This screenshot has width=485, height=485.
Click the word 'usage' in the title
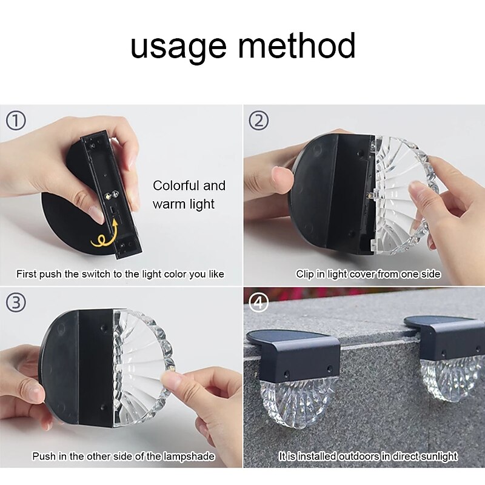pyautogui.click(x=178, y=47)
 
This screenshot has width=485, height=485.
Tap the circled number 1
pyautogui.click(x=16, y=120)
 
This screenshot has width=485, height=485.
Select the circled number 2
pyautogui.click(x=259, y=120)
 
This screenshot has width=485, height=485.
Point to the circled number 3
pyautogui.click(x=16, y=302)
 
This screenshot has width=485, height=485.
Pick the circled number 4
pyautogui.click(x=259, y=302)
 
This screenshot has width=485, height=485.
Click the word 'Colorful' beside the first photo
pyautogui.click(x=176, y=186)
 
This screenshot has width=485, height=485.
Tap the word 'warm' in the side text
pyautogui.click(x=166, y=204)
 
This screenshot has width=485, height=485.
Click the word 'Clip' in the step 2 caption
pyautogui.click(x=305, y=274)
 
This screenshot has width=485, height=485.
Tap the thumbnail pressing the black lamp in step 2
pyautogui.click(x=281, y=177)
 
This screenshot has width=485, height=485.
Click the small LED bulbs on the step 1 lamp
pyautogui.click(x=111, y=195)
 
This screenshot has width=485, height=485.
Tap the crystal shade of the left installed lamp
pyautogui.click(x=298, y=402)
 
